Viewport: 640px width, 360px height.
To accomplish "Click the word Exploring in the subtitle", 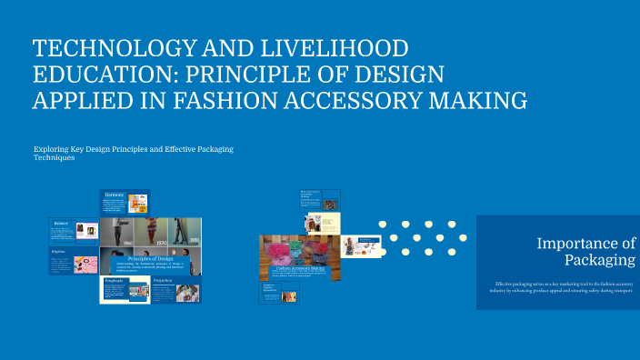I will pos(53,148).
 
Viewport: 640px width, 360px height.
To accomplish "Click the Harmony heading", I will pos(114,195).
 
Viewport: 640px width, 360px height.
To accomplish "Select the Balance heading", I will pos(61,223).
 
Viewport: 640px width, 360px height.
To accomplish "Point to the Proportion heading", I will pos(164,281).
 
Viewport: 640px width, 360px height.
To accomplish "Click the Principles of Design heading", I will pos(150,258).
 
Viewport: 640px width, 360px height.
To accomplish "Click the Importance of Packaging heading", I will pos(585,252).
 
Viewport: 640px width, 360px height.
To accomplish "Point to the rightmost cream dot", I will pos(463,238).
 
